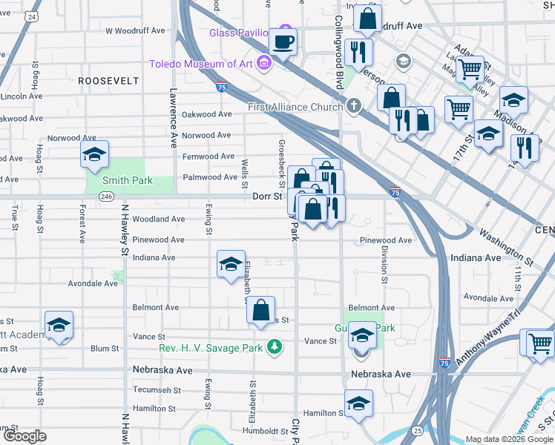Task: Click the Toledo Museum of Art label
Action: click(200, 63)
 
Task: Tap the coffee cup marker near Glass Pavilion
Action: click(282, 42)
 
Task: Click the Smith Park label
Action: click(128, 180)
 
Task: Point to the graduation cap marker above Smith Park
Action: click(94, 156)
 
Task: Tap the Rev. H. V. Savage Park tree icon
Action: click(275, 346)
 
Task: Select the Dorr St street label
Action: click(267, 197)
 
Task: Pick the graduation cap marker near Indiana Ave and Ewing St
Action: click(231, 265)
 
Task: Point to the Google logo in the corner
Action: click(24, 436)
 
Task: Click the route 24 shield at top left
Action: click(31, 16)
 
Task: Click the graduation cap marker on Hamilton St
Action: click(358, 404)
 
